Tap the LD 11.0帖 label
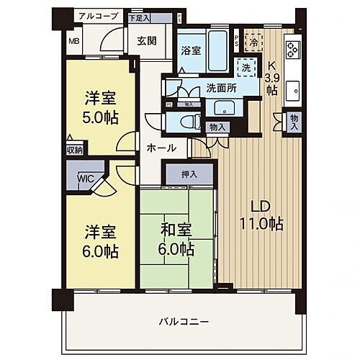[x=261, y=215]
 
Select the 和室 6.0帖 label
[x=176, y=240]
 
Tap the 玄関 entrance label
[x=147, y=41]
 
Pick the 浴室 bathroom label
[x=191, y=53]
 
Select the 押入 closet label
[x=189, y=174]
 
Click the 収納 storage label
[x=74, y=150]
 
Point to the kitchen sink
[x=292, y=91]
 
